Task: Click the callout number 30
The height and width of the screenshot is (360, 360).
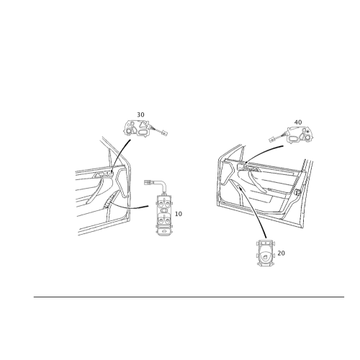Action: point(140,114)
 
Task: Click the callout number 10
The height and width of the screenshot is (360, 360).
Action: point(179,214)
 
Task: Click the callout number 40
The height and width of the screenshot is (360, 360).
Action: point(298,122)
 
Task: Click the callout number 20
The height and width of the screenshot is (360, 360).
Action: point(281,253)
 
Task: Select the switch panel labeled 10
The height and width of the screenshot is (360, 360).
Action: point(164,215)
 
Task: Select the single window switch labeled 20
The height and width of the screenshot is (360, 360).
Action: point(266,253)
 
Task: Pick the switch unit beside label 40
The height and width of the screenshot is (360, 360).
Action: point(300,135)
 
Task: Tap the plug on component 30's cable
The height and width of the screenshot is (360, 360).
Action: point(164,132)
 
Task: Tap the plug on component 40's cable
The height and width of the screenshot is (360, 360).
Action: point(272,139)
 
